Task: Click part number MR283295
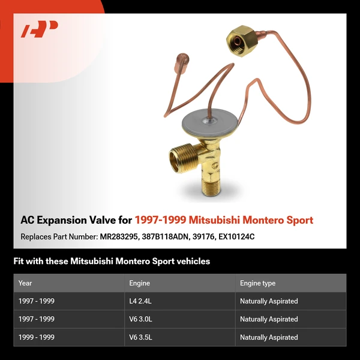pos(121,236)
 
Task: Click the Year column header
pos(25,283)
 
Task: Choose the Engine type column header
pos(257,283)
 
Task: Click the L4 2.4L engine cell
pos(139,301)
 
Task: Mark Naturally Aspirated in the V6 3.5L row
pos(269,337)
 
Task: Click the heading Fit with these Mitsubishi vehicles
pos(112,262)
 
